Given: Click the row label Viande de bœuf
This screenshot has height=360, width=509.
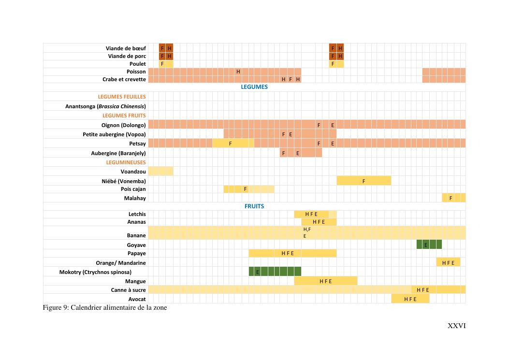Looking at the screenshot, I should click(x=126, y=48).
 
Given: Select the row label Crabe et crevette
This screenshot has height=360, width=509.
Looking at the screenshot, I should click(x=124, y=80).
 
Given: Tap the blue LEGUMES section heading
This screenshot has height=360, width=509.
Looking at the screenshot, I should click(x=254, y=87).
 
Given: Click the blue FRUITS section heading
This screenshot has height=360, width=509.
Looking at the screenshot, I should click(x=254, y=206).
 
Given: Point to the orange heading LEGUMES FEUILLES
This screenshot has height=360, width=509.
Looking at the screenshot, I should click(x=122, y=97).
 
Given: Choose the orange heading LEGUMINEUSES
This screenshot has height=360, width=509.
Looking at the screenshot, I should click(x=126, y=163).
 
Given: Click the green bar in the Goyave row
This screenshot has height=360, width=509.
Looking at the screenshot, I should click(x=429, y=245).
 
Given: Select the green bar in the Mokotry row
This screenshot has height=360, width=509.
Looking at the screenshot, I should click(x=275, y=272).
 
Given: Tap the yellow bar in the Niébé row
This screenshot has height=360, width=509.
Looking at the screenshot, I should click(x=364, y=181).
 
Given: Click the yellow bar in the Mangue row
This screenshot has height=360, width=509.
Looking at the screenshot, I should click(x=326, y=281).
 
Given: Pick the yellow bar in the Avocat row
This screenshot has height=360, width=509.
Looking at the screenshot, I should click(x=410, y=299).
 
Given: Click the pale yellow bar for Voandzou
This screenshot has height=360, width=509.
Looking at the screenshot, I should click(x=160, y=172).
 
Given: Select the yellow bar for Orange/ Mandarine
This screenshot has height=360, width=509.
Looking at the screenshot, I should click(x=448, y=263).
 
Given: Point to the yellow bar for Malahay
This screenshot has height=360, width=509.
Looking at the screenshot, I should click(x=454, y=198).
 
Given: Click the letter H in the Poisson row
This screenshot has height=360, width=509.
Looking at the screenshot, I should click(x=238, y=72).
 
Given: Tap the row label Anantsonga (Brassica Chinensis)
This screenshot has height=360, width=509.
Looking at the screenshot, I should click(x=105, y=106).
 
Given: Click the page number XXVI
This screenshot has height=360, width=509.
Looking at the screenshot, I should click(x=457, y=326).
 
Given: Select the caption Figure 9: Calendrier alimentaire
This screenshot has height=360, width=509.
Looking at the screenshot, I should click(x=105, y=308).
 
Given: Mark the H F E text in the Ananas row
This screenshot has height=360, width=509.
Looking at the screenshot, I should click(x=319, y=222).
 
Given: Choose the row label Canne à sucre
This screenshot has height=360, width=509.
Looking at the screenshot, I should click(x=128, y=290).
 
